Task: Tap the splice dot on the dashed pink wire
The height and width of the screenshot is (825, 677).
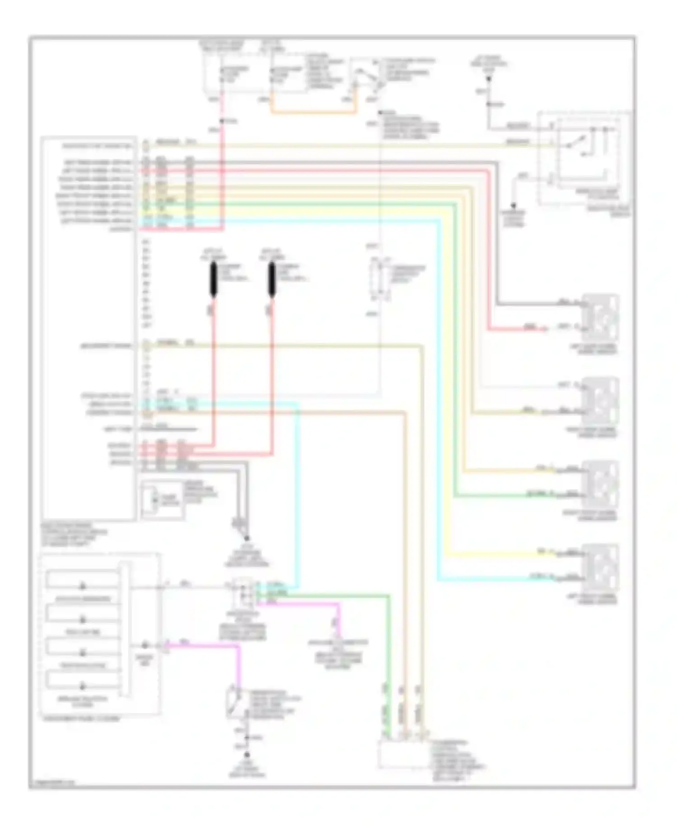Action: (x=222, y=121)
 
